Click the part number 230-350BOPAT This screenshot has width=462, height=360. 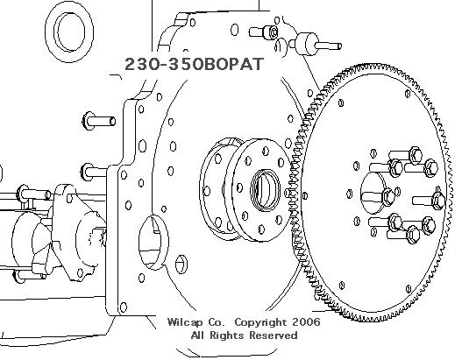pyautogui.click(x=194, y=64)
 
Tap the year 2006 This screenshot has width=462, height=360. pyautogui.click(x=306, y=321)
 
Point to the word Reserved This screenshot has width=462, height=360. pyautogui.click(x=274, y=335)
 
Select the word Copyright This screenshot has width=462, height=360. pyautogui.click(x=260, y=322)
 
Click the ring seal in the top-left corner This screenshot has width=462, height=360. pyautogui.click(x=69, y=32)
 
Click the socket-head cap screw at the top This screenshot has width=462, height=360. pyautogui.click(x=263, y=32)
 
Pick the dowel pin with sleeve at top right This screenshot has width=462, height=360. pyautogui.click(x=315, y=45)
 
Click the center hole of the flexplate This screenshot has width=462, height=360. pyautogui.click(x=373, y=193)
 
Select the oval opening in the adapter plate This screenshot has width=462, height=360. pyautogui.click(x=153, y=242)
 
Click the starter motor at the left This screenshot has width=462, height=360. pyautogui.click(x=56, y=232)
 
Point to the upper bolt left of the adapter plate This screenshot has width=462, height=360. pyautogui.click(x=99, y=121)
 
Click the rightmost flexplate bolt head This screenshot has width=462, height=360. pyautogui.click(x=439, y=201)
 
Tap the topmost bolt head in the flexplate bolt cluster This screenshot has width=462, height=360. pyautogui.click(x=416, y=155)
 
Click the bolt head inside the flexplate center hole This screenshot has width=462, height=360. pyautogui.click(x=387, y=196)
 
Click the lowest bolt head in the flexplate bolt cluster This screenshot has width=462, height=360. pyautogui.click(x=413, y=235)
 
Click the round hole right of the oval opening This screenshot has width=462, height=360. pyautogui.click(x=181, y=265)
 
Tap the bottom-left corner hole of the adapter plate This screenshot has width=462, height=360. pyautogui.click(x=124, y=307)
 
